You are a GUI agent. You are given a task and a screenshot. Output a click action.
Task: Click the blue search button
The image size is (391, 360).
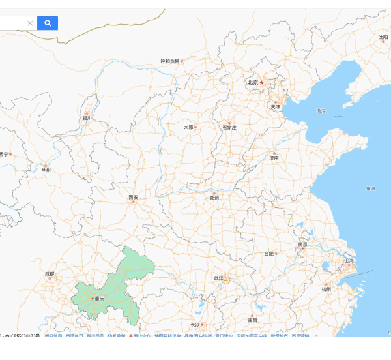coord(48,23)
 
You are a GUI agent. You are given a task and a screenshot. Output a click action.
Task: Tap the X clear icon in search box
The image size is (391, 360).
coord(30,23)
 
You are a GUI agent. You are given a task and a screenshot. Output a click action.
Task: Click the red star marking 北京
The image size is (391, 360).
coord(262,83)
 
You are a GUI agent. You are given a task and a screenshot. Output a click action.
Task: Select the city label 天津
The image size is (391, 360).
coord(275,106)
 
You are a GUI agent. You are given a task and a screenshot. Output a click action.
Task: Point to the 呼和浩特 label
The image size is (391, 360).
coord(170,61)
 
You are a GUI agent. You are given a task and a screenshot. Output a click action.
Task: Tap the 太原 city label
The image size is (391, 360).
coord(188,127)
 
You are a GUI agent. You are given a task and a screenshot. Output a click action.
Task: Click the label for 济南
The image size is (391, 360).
coord(274,158)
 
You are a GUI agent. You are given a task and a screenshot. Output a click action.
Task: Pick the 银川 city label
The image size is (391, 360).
coord(87,119)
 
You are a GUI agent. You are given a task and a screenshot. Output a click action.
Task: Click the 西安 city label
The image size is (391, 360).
coord(133,197)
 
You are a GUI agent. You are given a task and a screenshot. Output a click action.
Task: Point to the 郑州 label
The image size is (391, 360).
coord(214,197)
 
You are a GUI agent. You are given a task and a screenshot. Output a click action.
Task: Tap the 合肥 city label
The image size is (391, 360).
coord(268,253)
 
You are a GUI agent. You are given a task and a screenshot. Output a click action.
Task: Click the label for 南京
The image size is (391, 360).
coord(302,245)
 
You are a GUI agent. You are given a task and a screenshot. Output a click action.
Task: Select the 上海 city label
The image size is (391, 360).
coord(349,261)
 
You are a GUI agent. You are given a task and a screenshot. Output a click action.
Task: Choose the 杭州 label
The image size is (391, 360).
coord(326,288)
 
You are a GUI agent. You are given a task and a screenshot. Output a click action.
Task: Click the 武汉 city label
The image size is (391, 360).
coord(218,278)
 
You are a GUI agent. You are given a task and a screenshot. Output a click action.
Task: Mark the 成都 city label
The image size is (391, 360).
coord(50,274)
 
